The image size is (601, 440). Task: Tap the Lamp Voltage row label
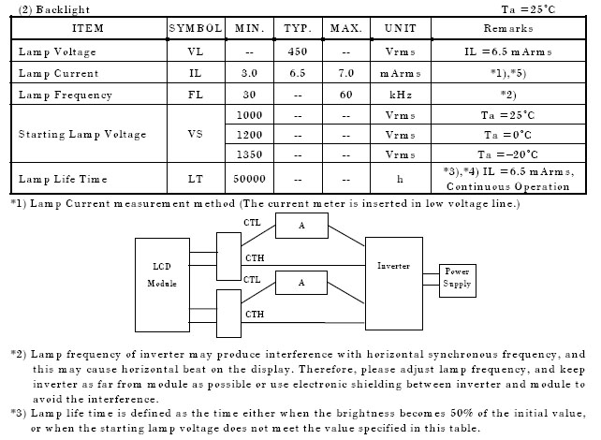point(57,51)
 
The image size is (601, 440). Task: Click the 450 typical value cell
point(298,51)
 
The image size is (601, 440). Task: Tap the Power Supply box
point(457,278)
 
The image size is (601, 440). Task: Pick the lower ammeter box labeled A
point(301,282)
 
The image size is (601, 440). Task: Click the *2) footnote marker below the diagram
point(18,355)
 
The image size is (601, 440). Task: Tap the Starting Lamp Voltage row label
point(82,134)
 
